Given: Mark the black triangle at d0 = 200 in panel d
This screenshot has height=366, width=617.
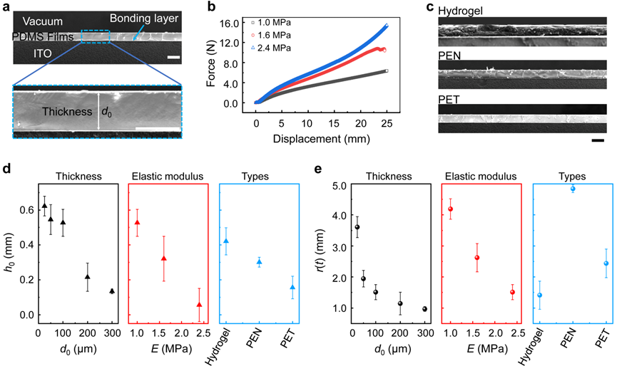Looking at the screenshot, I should click(x=88, y=276).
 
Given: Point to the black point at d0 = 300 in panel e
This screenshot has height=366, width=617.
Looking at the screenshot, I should click(x=425, y=309).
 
